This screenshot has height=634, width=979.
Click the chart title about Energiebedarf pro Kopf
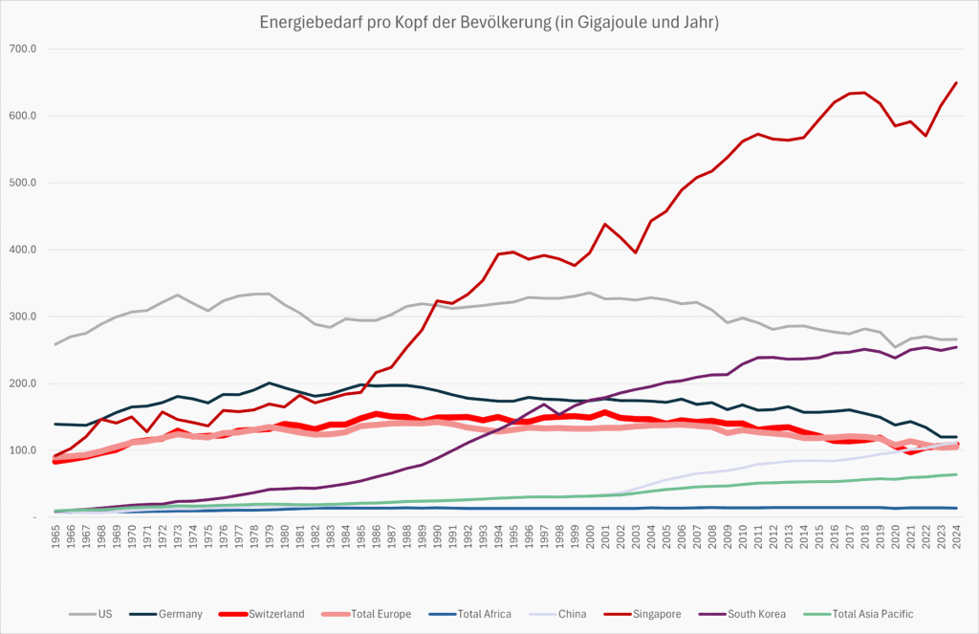coord(489,21)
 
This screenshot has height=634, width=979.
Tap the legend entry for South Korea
coord(754,613)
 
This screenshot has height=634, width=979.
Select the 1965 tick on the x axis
coord(55,538)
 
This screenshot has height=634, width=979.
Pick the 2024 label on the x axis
coord(956,538)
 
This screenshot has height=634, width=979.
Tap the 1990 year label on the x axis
coord(437,538)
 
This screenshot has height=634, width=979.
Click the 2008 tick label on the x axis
coord(712,538)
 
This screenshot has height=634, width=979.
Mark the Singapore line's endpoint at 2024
coord(956,83)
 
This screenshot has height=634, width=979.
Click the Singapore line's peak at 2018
coord(864,93)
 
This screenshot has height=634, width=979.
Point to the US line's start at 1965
coord(55,344)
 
